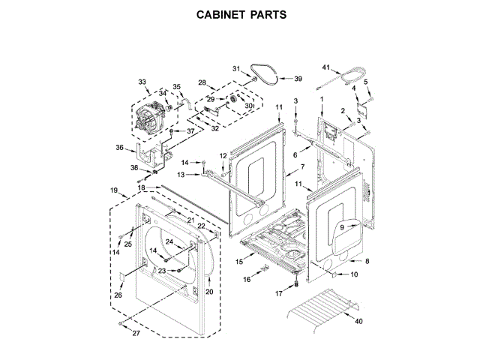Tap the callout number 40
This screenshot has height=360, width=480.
pyautogui.click(x=358, y=322)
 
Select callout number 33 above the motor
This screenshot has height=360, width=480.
pyautogui.click(x=142, y=81)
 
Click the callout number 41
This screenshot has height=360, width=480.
pyautogui.click(x=326, y=67)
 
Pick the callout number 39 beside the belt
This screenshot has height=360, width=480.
pyautogui.click(x=298, y=78)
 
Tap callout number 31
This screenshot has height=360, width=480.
pyautogui.click(x=234, y=70)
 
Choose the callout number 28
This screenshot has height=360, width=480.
pyautogui.click(x=202, y=82)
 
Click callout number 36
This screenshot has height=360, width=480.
pyautogui.click(x=119, y=148)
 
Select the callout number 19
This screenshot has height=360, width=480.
pyautogui.click(x=114, y=190)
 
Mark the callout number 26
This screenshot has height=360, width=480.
pyautogui.click(x=118, y=295)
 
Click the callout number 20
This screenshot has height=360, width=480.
pyautogui.click(x=209, y=291)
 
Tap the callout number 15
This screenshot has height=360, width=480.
pyautogui.click(x=239, y=262)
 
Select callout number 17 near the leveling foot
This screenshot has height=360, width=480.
pyautogui.click(x=278, y=293)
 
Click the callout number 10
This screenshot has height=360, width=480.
pyautogui.click(x=355, y=274)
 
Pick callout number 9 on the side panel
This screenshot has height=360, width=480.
pyautogui.click(x=340, y=227)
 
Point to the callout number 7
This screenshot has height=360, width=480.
pyautogui.click(x=302, y=166)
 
